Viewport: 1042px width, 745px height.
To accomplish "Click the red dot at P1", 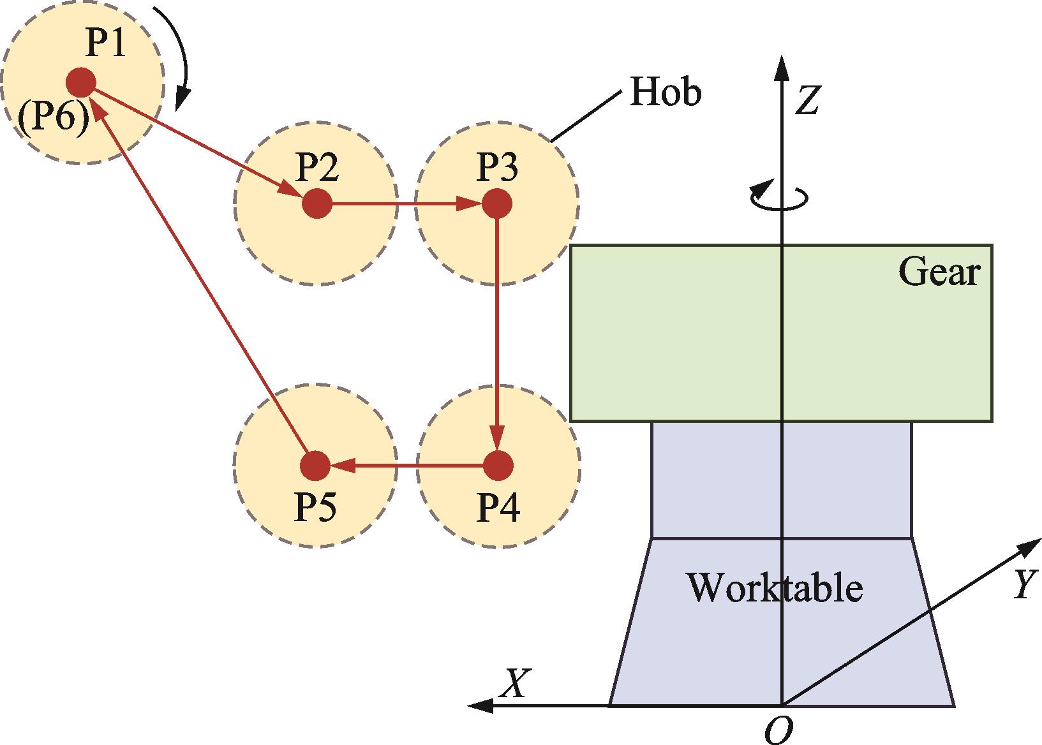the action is pos(81,83).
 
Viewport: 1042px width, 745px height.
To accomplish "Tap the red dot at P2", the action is pos(317,203).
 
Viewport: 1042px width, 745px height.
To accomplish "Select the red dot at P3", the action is pos(497,203).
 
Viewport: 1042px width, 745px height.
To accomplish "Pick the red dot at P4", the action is pos(498,465).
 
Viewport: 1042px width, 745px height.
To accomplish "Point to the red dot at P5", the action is pos(315,465).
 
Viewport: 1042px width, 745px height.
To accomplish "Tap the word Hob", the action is pos(665,92).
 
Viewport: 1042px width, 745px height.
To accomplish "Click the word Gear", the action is pos(939,272).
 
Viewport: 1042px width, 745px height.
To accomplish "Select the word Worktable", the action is pos(775,588).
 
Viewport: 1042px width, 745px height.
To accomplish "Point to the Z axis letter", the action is pos(808,100).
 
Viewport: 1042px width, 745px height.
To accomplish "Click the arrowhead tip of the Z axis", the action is pos(782,55).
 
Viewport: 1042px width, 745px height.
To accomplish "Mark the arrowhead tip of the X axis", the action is pos(467,705).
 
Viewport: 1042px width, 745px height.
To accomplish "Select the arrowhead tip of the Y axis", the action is pos(1041,540).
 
